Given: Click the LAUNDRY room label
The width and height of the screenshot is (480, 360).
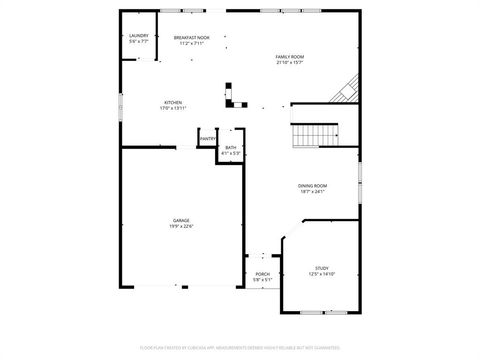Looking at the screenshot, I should [139, 37].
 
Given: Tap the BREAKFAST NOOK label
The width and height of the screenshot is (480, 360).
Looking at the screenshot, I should [191, 37].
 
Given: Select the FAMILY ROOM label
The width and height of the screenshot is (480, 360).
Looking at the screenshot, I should [290, 57].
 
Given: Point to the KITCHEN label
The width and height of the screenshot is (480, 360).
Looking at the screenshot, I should [173, 102].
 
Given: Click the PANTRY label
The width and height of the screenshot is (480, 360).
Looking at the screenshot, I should [207, 139].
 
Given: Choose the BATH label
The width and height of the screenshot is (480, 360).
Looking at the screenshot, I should [231, 148].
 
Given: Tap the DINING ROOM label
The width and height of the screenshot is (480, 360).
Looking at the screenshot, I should [313, 186].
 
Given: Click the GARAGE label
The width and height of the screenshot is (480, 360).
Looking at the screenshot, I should [181, 220].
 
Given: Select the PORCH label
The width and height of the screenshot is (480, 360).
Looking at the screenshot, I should [262, 274].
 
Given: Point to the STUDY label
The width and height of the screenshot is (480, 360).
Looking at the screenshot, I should [322, 268].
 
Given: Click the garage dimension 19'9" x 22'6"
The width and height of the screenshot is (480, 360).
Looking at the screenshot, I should [181, 226].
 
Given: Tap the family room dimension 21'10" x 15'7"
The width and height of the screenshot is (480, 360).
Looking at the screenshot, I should [290, 63].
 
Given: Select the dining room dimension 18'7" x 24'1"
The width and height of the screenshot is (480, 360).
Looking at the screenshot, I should [313, 192].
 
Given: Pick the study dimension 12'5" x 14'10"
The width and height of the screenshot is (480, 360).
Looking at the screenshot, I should [322, 274].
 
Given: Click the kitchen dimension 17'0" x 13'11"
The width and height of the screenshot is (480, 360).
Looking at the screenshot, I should [173, 108].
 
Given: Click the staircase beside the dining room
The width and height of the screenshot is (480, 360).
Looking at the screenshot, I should [314, 135].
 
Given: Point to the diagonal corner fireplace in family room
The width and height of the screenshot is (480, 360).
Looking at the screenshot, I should [346, 91].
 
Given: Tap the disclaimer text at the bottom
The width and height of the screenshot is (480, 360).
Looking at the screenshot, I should [240, 347].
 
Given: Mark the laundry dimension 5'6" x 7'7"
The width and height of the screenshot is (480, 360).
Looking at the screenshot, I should [139, 43].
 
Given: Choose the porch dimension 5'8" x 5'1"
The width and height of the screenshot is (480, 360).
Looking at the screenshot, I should [262, 280].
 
